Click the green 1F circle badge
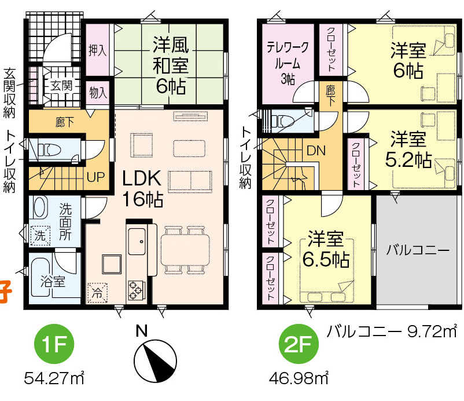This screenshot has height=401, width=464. [x=54, y=344]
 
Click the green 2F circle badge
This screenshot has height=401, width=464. [x=299, y=344]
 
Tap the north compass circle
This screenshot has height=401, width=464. [x=155, y=360]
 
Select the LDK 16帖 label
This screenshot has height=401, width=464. [x=142, y=188]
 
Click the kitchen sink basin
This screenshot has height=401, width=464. [x=137, y=242]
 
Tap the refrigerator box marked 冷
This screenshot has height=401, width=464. [x=97, y=293]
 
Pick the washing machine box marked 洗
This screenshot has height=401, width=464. [x=40, y=236]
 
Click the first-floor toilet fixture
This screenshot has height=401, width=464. [x=49, y=150]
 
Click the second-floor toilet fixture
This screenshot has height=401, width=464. [x=282, y=121]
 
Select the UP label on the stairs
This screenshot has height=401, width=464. [x=96, y=177]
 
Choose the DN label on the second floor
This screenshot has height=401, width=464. [x=316, y=151]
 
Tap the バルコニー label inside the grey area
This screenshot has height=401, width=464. [x=418, y=250]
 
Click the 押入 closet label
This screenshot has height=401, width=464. [x=97, y=50]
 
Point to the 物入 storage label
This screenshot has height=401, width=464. [x=98, y=93]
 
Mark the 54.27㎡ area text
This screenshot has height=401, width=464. [x=54, y=378]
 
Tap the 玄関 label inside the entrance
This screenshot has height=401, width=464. [x=61, y=86]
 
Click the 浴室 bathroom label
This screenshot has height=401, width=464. [x=53, y=282]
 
